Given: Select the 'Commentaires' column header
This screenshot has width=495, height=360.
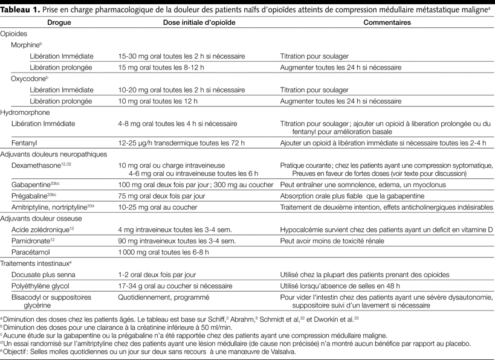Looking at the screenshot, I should click(387, 22).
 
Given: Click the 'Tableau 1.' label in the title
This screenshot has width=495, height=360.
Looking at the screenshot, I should click(24, 8).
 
